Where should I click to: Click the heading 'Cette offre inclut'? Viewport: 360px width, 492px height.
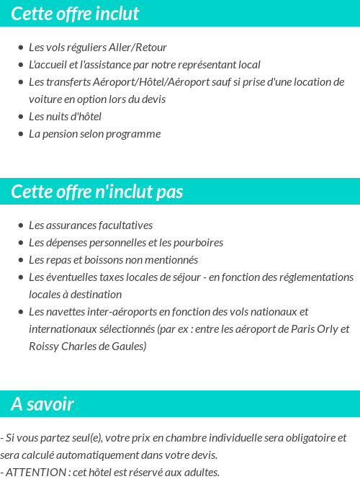click(75, 14)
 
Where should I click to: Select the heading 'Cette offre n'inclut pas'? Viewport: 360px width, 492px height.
click(97, 192)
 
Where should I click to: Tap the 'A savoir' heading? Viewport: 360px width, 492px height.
click(42, 404)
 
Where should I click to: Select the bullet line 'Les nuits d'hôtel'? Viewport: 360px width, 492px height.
click(65, 117)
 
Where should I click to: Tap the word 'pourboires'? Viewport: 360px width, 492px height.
click(198, 243)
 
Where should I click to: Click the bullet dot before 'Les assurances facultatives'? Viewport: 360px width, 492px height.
click(20, 226)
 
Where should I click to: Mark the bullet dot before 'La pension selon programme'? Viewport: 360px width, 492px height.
click(20, 135)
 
